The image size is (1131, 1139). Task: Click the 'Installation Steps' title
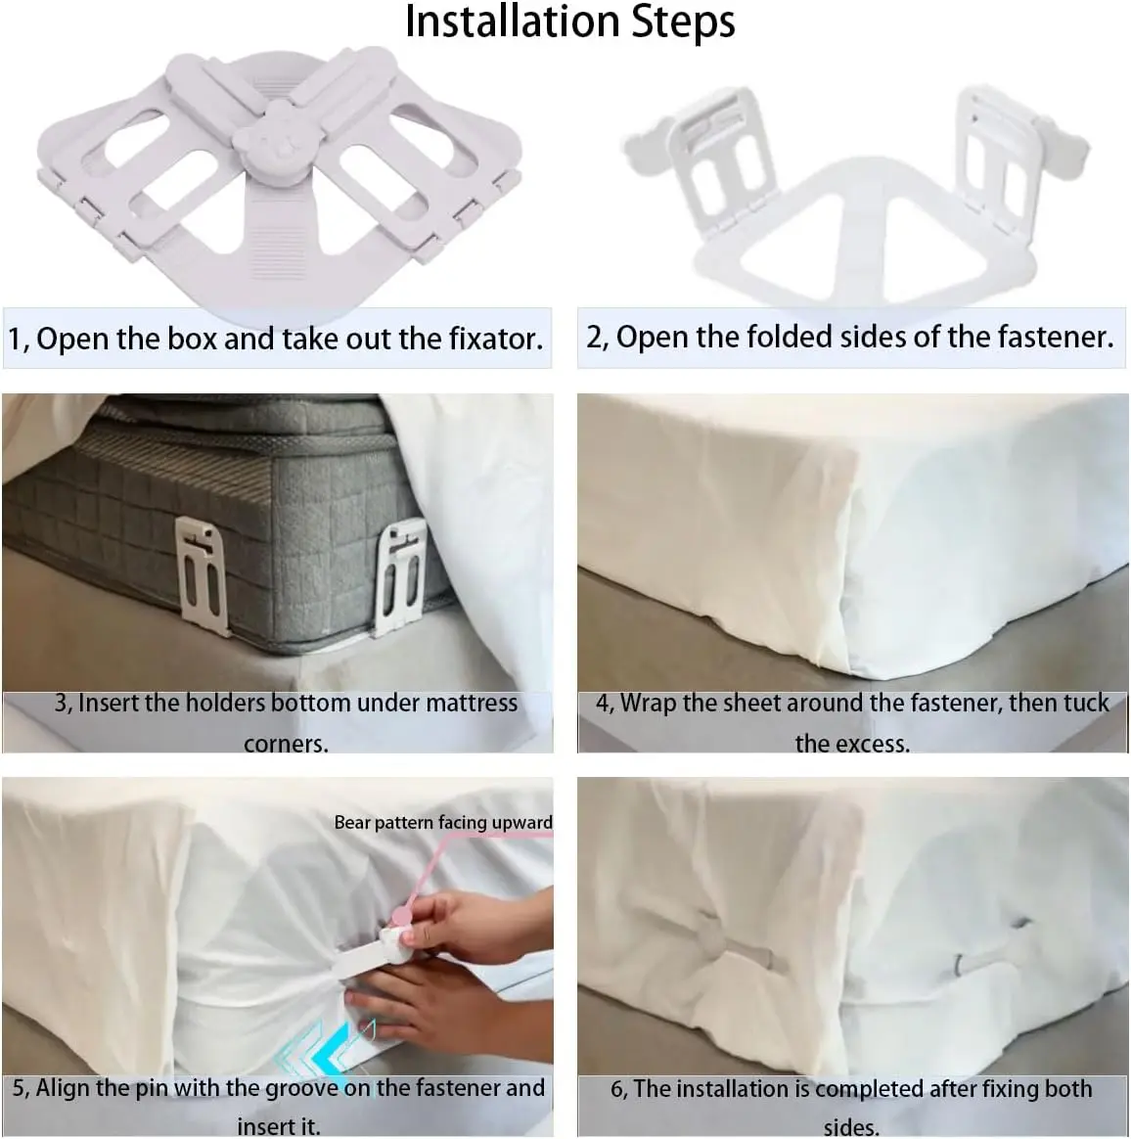click(569, 22)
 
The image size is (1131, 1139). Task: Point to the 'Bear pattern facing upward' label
click(443, 822)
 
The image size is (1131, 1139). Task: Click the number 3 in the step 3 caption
click(61, 704)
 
